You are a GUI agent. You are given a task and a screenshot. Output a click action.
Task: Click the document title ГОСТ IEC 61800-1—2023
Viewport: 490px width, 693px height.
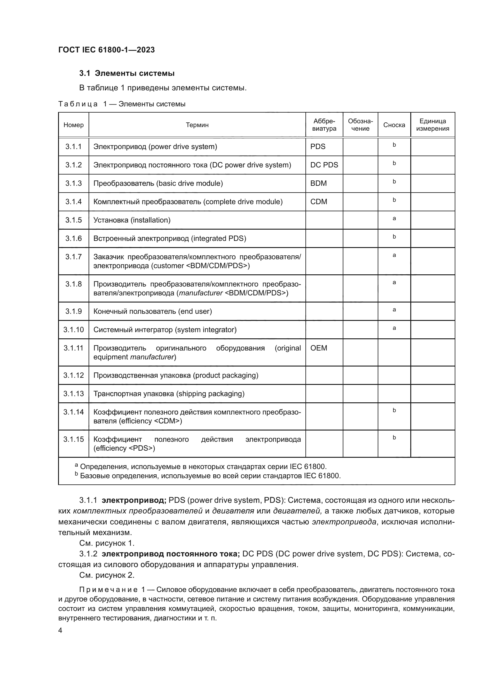coord(107,50)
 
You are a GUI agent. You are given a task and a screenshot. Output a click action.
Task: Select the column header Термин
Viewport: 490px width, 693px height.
coord(197,125)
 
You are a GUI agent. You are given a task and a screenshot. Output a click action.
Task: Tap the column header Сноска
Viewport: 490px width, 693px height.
coord(394,125)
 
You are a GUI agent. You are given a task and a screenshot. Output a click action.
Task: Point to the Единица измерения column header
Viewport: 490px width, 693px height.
coord(433,125)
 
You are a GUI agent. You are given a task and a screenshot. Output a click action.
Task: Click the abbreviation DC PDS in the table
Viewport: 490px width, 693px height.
coord(324,165)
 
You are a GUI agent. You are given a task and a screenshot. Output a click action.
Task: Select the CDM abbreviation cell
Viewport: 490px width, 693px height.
coord(319,202)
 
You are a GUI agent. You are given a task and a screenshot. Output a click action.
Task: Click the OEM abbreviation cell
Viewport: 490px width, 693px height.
coord(319,348)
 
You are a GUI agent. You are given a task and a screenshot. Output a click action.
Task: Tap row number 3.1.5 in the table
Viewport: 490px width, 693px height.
coord(74,220)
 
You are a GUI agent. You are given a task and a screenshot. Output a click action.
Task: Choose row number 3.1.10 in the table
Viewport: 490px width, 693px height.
coord(74,329)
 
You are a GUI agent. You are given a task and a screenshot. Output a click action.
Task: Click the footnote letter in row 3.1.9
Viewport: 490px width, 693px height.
coord(394,310)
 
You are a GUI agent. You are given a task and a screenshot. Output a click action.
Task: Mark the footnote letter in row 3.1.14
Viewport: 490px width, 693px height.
coord(394,410)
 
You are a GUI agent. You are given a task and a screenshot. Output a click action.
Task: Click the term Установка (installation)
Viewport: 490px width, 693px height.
coord(132,220)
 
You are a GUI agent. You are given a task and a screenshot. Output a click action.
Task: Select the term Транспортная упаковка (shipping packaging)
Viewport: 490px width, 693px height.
coord(169,393)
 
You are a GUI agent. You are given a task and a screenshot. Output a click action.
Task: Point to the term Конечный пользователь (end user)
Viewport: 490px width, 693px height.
coord(152,311)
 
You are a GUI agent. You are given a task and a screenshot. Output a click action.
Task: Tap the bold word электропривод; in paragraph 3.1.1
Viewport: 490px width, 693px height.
coord(134,500)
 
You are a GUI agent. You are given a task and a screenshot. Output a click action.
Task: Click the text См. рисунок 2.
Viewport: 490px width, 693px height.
coord(107,575)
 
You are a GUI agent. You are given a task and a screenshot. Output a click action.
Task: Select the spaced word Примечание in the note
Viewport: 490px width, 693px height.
coord(108,590)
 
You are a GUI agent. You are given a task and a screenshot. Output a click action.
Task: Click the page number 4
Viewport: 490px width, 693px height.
coord(60,630)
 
